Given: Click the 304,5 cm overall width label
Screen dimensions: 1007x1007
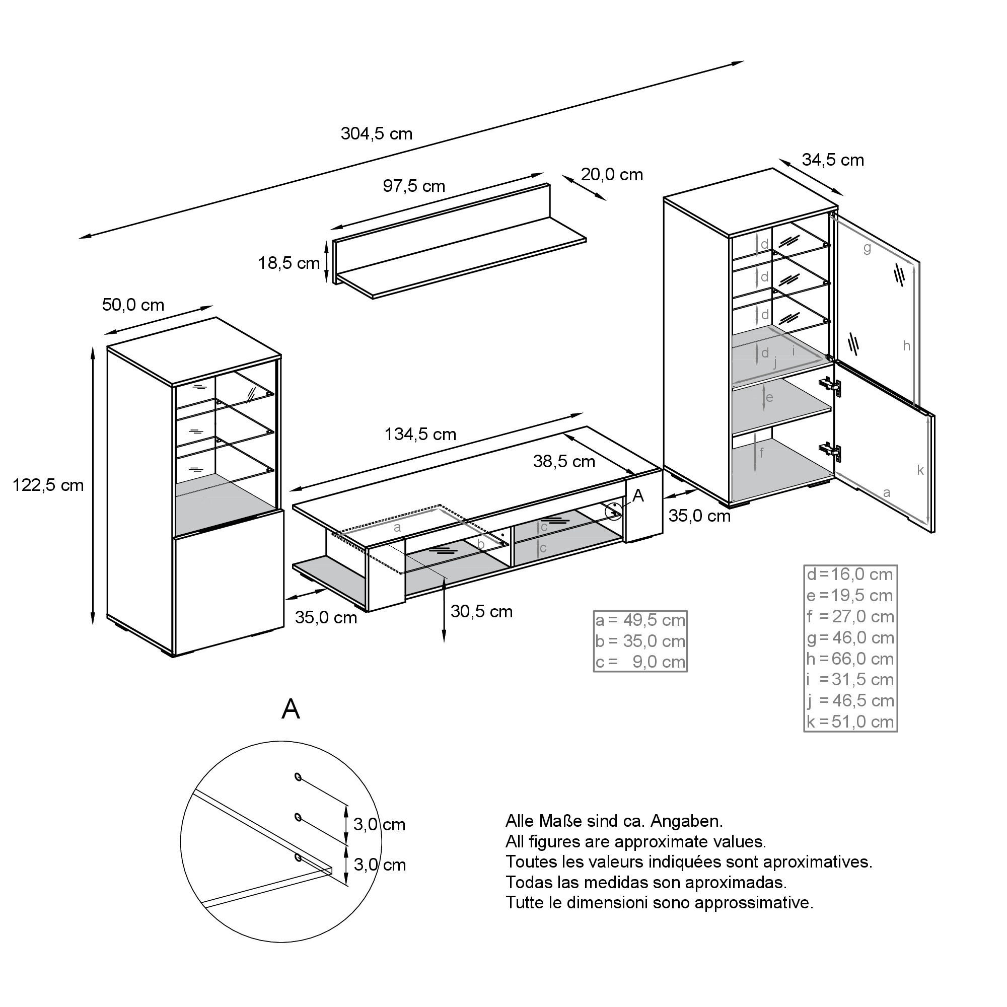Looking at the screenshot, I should tap(376, 134).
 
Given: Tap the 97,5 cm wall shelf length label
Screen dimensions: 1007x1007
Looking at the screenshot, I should tap(414, 186).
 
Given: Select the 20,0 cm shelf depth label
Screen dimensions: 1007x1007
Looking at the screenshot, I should tap(612, 175).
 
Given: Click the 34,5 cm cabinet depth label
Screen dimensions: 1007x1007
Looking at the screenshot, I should tap(832, 160).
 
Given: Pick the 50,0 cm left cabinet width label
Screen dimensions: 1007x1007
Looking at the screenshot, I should tap(133, 305).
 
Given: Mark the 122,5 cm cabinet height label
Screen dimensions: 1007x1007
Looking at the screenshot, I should tap(48, 485).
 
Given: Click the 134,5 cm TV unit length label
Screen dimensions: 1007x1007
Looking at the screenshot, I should tap(420, 434).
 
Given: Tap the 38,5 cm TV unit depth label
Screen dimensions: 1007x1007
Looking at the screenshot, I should tap(564, 461).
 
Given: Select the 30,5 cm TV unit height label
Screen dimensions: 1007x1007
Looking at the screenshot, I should tap(481, 611).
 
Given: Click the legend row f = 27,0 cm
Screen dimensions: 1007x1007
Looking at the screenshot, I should tap(850, 617).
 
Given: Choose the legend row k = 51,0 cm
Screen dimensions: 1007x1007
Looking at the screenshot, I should tap(850, 722).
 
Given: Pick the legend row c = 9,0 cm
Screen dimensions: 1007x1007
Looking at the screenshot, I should tap(640, 662).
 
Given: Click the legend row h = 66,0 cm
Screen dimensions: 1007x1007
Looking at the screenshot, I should tap(850, 659).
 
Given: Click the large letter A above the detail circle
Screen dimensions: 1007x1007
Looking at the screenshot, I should tap(291, 709).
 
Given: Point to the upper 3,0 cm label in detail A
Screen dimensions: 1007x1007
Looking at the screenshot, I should tap(379, 825).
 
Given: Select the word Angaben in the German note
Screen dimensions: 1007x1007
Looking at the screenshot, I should tap(687, 821).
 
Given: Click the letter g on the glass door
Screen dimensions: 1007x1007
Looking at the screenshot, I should tap(867, 249).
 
